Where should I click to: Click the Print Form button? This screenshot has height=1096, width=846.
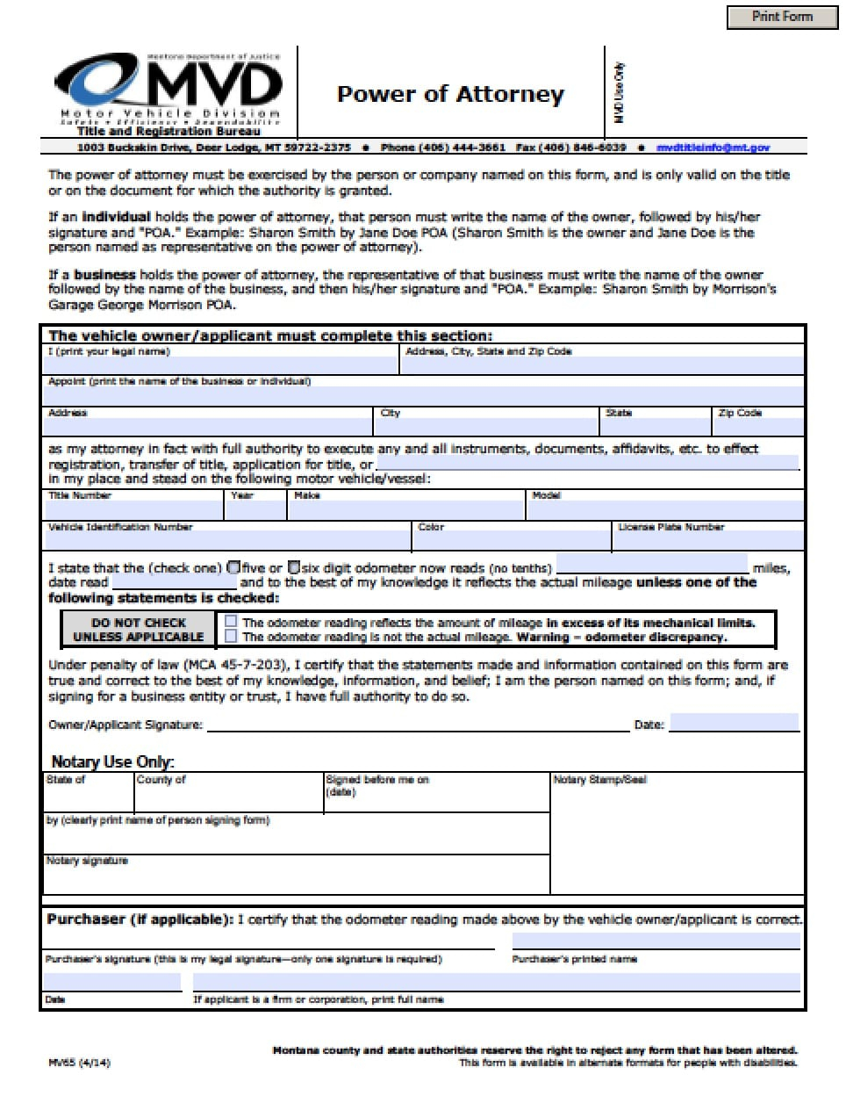[x=782, y=17]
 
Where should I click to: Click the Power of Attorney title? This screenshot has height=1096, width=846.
[x=450, y=95]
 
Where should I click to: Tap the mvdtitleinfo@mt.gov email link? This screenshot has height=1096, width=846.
[x=713, y=148]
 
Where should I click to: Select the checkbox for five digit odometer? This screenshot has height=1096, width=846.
[x=234, y=567]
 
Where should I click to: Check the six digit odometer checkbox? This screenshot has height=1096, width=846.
[x=294, y=567]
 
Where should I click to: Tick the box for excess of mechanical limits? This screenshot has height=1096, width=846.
[x=231, y=622]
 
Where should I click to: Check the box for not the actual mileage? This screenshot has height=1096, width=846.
[x=231, y=637]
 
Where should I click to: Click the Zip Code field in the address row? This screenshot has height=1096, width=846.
[x=758, y=426]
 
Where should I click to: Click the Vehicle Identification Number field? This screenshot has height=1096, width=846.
[x=228, y=540]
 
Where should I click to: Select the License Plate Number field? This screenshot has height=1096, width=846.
[x=707, y=540]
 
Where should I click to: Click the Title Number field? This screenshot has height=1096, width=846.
[x=133, y=509]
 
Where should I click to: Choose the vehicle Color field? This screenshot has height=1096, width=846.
[x=511, y=540]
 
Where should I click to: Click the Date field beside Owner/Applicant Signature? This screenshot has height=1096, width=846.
[x=734, y=724]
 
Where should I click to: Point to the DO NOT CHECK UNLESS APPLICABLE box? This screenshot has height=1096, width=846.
[x=139, y=630]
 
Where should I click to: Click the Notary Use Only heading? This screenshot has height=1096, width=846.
[x=112, y=761]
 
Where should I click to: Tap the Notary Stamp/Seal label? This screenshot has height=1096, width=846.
[x=599, y=780]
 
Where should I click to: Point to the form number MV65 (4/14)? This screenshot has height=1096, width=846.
[x=79, y=1063]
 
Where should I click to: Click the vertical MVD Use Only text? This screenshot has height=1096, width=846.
[x=619, y=92]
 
